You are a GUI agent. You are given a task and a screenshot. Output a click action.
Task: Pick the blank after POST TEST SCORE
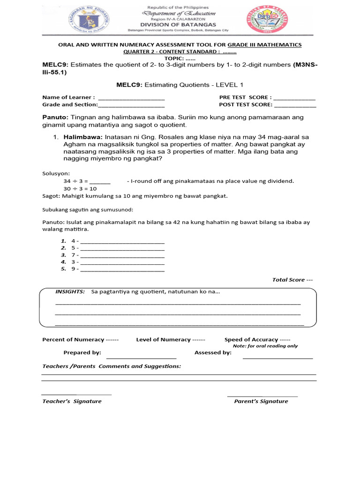click(295, 105)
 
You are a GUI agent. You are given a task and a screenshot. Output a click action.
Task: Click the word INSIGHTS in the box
click(70, 292)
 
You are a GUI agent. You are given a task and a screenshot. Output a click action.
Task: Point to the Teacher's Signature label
click(72, 401)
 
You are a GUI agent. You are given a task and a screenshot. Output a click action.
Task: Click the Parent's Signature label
click(261, 401)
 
